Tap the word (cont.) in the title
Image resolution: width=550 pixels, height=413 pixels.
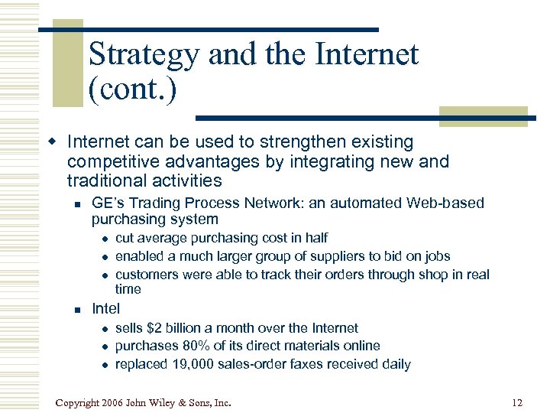pyautogui.click(x=132, y=89)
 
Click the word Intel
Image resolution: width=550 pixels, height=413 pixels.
pyautogui.click(x=105, y=309)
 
